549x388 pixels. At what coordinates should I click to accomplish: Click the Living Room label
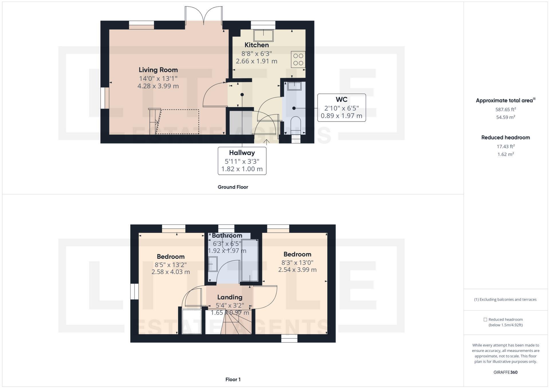point(158,70)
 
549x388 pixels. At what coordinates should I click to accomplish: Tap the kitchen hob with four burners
point(298,59)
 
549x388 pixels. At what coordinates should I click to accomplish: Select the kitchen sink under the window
point(263,35)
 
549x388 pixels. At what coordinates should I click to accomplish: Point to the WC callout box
point(341,108)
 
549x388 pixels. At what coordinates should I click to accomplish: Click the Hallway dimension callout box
point(242,161)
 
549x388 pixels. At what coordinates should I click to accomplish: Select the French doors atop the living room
point(204,16)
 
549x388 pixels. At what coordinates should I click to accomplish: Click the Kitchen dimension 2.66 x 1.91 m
point(256,61)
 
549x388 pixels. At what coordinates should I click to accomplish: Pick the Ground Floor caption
point(233,187)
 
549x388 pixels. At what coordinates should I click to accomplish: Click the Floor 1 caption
point(233,379)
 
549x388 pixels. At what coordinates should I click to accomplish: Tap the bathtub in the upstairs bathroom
point(250,260)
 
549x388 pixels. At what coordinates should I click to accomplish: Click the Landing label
point(230,297)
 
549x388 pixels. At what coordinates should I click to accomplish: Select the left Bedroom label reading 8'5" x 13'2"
point(170,256)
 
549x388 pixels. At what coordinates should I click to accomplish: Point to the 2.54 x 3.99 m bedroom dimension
point(297,270)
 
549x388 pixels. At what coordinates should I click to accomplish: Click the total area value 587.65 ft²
point(505,109)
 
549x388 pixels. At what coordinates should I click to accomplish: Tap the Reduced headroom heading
point(505,138)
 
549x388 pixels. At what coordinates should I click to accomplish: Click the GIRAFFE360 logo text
point(505,372)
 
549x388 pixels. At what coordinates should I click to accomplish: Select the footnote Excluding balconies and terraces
point(505,299)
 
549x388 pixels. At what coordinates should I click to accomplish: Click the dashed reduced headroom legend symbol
point(485,319)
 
